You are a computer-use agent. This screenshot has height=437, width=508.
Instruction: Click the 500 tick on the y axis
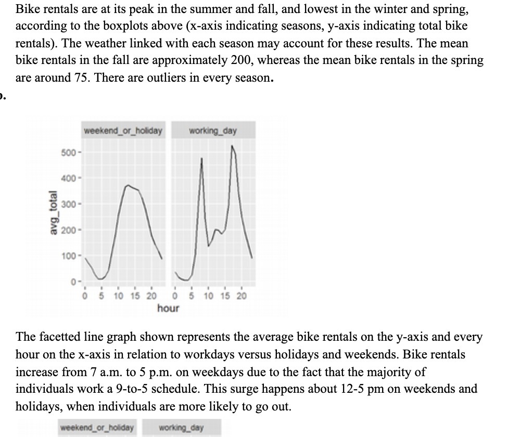click(x=69, y=154)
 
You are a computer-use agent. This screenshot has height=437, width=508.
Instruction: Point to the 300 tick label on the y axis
click(x=69, y=203)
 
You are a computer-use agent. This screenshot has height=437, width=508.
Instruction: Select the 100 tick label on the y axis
click(x=69, y=256)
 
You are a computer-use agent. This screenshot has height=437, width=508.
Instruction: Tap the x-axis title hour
click(x=168, y=308)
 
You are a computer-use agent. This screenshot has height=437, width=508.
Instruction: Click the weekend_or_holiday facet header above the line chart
click(x=123, y=130)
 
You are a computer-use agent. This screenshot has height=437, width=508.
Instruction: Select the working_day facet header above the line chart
click(x=212, y=130)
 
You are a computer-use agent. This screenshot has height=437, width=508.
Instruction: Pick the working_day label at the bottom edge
click(x=182, y=428)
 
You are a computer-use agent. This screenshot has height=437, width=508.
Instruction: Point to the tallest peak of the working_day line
click(x=232, y=147)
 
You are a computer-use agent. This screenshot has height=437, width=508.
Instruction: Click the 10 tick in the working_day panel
click(x=208, y=296)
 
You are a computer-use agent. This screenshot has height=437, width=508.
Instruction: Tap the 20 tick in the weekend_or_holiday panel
click(x=151, y=296)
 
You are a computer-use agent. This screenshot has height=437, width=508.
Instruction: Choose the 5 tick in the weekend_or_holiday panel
click(x=101, y=296)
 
